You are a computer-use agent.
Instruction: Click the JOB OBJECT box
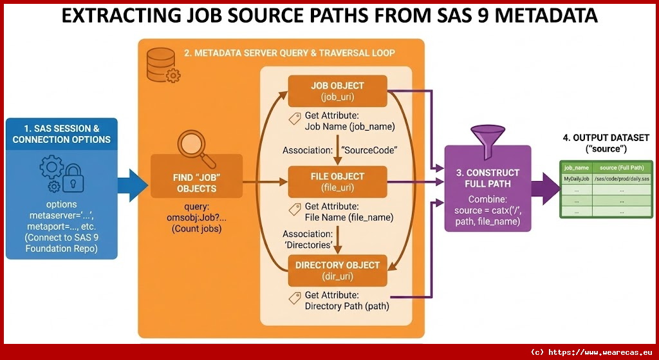click(337, 91)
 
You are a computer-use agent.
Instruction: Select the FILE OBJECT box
click(337, 182)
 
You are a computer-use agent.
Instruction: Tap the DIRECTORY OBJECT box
click(337, 270)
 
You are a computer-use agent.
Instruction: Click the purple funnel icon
click(487, 139)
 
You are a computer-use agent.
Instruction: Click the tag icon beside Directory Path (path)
click(295, 297)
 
